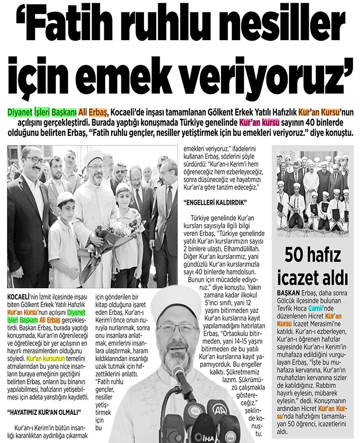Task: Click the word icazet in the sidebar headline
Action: pyautogui.click(x=295, y=278)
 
